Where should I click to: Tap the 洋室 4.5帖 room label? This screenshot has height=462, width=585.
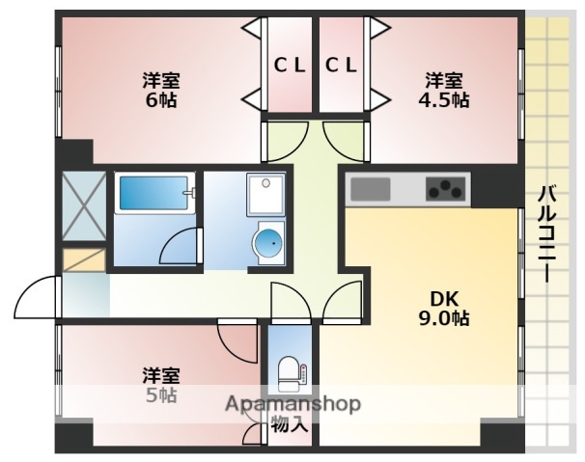point(444,89)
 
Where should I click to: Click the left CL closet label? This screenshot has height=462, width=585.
point(290,66)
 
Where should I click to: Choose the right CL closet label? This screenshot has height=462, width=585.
point(342,66)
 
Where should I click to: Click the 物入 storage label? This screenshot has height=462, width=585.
point(290,423)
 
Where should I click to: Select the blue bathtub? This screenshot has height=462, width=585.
point(153,196)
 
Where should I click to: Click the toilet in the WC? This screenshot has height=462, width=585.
point(290,370)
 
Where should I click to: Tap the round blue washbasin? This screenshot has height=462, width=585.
point(268,245)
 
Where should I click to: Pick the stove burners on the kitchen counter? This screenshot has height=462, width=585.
point(445,189)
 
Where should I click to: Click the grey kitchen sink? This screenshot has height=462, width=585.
point(370,189)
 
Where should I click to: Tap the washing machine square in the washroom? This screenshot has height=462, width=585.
point(263,196)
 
